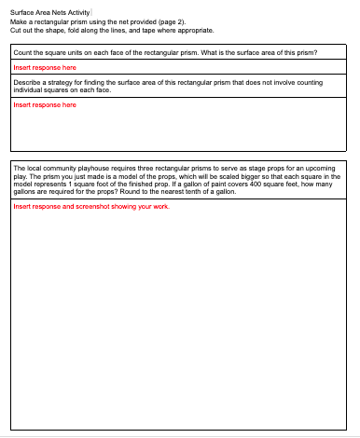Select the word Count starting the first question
[x=24, y=54]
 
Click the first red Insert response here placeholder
[x=44, y=68]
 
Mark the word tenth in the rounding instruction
[x=206, y=183]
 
